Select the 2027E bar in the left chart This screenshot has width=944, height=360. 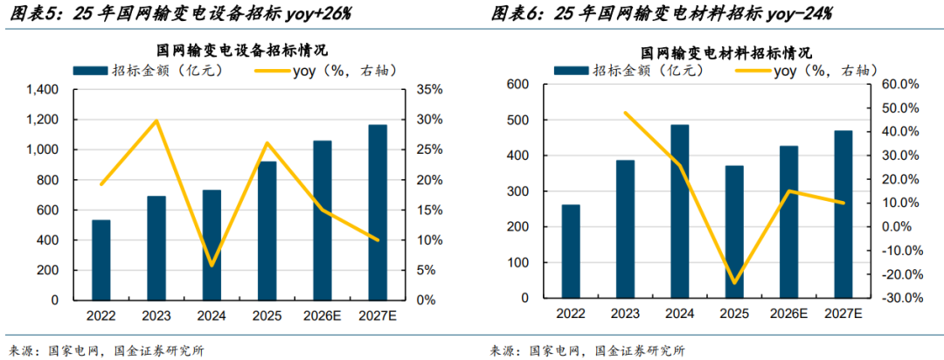coord(378,212)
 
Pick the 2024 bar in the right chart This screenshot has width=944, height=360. coord(679,211)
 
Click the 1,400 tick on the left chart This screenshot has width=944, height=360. coord(42,90)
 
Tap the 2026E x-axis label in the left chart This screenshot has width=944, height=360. coord(323,315)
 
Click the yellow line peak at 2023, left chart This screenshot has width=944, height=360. coord(156,121)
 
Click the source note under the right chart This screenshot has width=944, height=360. coord(587,350)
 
